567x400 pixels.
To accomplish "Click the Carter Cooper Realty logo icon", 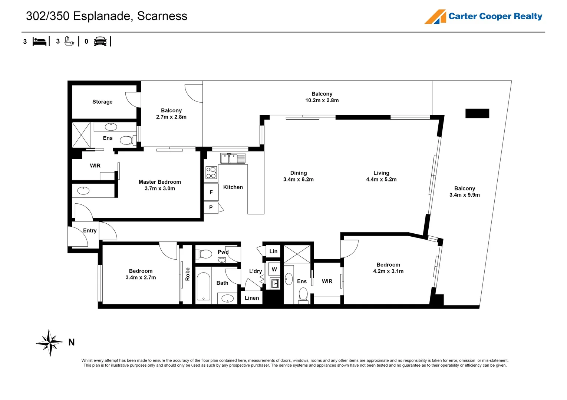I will pos(435,17).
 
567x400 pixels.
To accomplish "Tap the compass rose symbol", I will pos(50,343).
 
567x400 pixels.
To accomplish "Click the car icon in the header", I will pos(100,41).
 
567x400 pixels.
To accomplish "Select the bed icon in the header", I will pos(39,41).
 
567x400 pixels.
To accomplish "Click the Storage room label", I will pos(102,102).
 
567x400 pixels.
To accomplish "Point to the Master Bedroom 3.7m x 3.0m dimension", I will pos(160,189).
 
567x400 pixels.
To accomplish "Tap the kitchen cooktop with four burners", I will pos(211,173).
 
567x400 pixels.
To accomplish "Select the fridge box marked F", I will pos(211,192).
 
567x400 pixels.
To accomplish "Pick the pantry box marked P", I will pos(211,207).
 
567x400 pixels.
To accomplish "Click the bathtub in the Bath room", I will pos(203,286).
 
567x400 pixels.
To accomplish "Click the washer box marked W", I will pos(274,269).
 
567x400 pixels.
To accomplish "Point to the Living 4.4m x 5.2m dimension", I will pos(381,180).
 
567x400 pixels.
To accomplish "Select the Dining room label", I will pos(299,173).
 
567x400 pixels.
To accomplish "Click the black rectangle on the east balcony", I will pos(477,113).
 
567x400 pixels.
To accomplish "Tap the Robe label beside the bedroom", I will pos(188,274).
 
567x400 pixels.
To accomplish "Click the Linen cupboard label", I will pos(252,298).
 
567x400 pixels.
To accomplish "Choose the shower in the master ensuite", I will pos(81,135).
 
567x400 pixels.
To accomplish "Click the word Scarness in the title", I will pos(162,16).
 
